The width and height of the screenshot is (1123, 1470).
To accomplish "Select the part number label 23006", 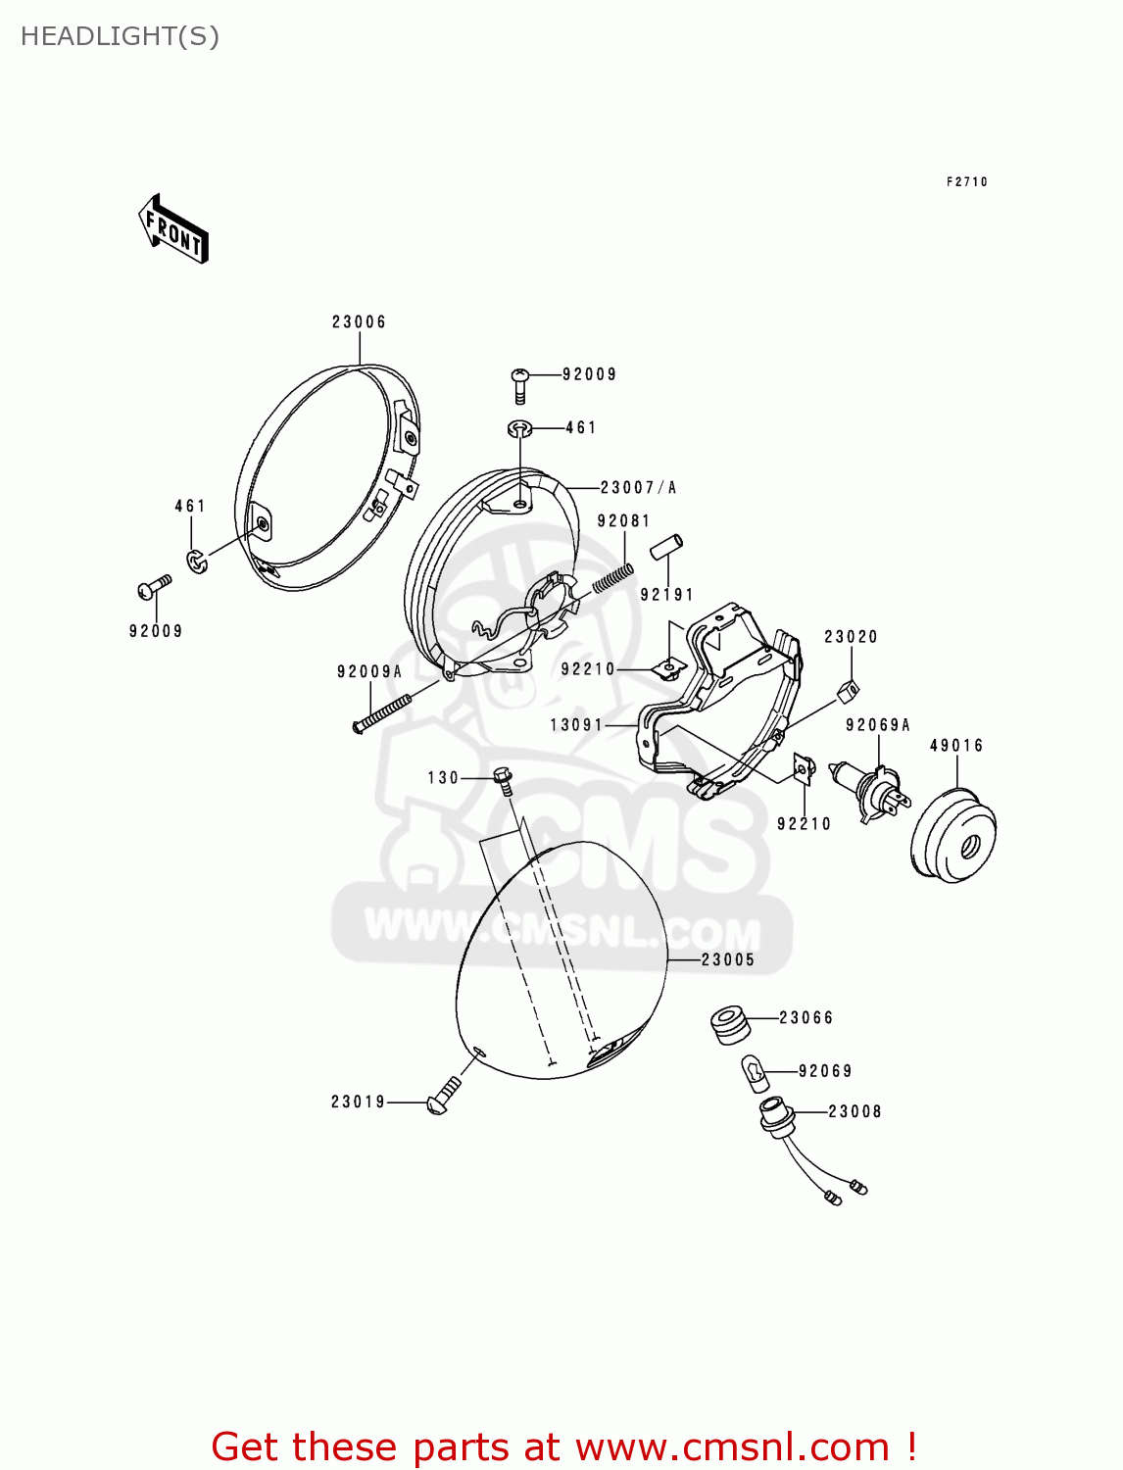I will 359,322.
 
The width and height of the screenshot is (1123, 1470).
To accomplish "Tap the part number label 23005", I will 728,960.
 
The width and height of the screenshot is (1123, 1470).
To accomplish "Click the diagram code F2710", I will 967,182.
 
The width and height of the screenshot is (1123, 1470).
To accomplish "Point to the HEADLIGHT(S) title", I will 120,36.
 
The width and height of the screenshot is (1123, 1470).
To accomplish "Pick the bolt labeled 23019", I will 443,1096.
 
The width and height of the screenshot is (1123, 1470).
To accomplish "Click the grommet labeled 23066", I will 729,1023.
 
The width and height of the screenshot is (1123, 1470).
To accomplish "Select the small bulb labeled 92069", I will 754,1073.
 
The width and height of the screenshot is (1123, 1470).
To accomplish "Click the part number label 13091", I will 576,725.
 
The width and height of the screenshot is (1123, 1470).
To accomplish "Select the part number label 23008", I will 854,1111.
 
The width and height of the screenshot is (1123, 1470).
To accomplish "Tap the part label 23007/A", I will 638,488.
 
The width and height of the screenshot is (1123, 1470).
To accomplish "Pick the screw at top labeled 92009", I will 520,384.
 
